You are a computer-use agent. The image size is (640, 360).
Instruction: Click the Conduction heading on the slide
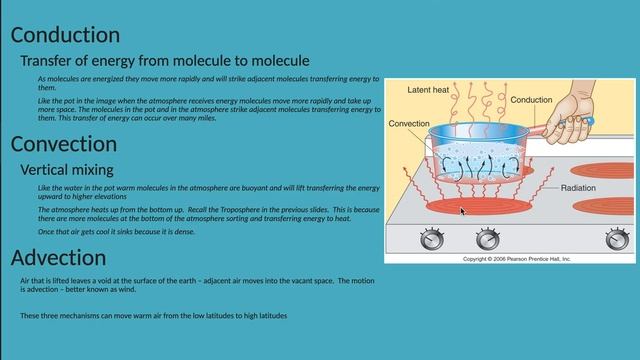(65, 36)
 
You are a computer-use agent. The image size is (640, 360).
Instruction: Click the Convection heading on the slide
(64, 145)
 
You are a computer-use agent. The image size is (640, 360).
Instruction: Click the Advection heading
(58, 259)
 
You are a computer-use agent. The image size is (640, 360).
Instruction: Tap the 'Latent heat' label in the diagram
(428, 90)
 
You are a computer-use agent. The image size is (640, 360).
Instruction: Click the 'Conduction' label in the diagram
(531, 101)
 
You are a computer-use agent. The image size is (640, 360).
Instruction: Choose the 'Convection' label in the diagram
(409, 124)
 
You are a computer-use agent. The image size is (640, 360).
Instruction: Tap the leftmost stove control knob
(432, 239)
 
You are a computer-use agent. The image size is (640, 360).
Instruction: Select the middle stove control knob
(487, 239)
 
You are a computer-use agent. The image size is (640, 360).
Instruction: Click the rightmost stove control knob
(617, 239)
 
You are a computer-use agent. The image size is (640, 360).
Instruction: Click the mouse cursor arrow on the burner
(461, 210)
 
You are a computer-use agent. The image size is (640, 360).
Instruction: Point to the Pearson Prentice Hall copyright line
(516, 259)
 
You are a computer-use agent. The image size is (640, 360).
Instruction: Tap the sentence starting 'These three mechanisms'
(153, 315)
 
